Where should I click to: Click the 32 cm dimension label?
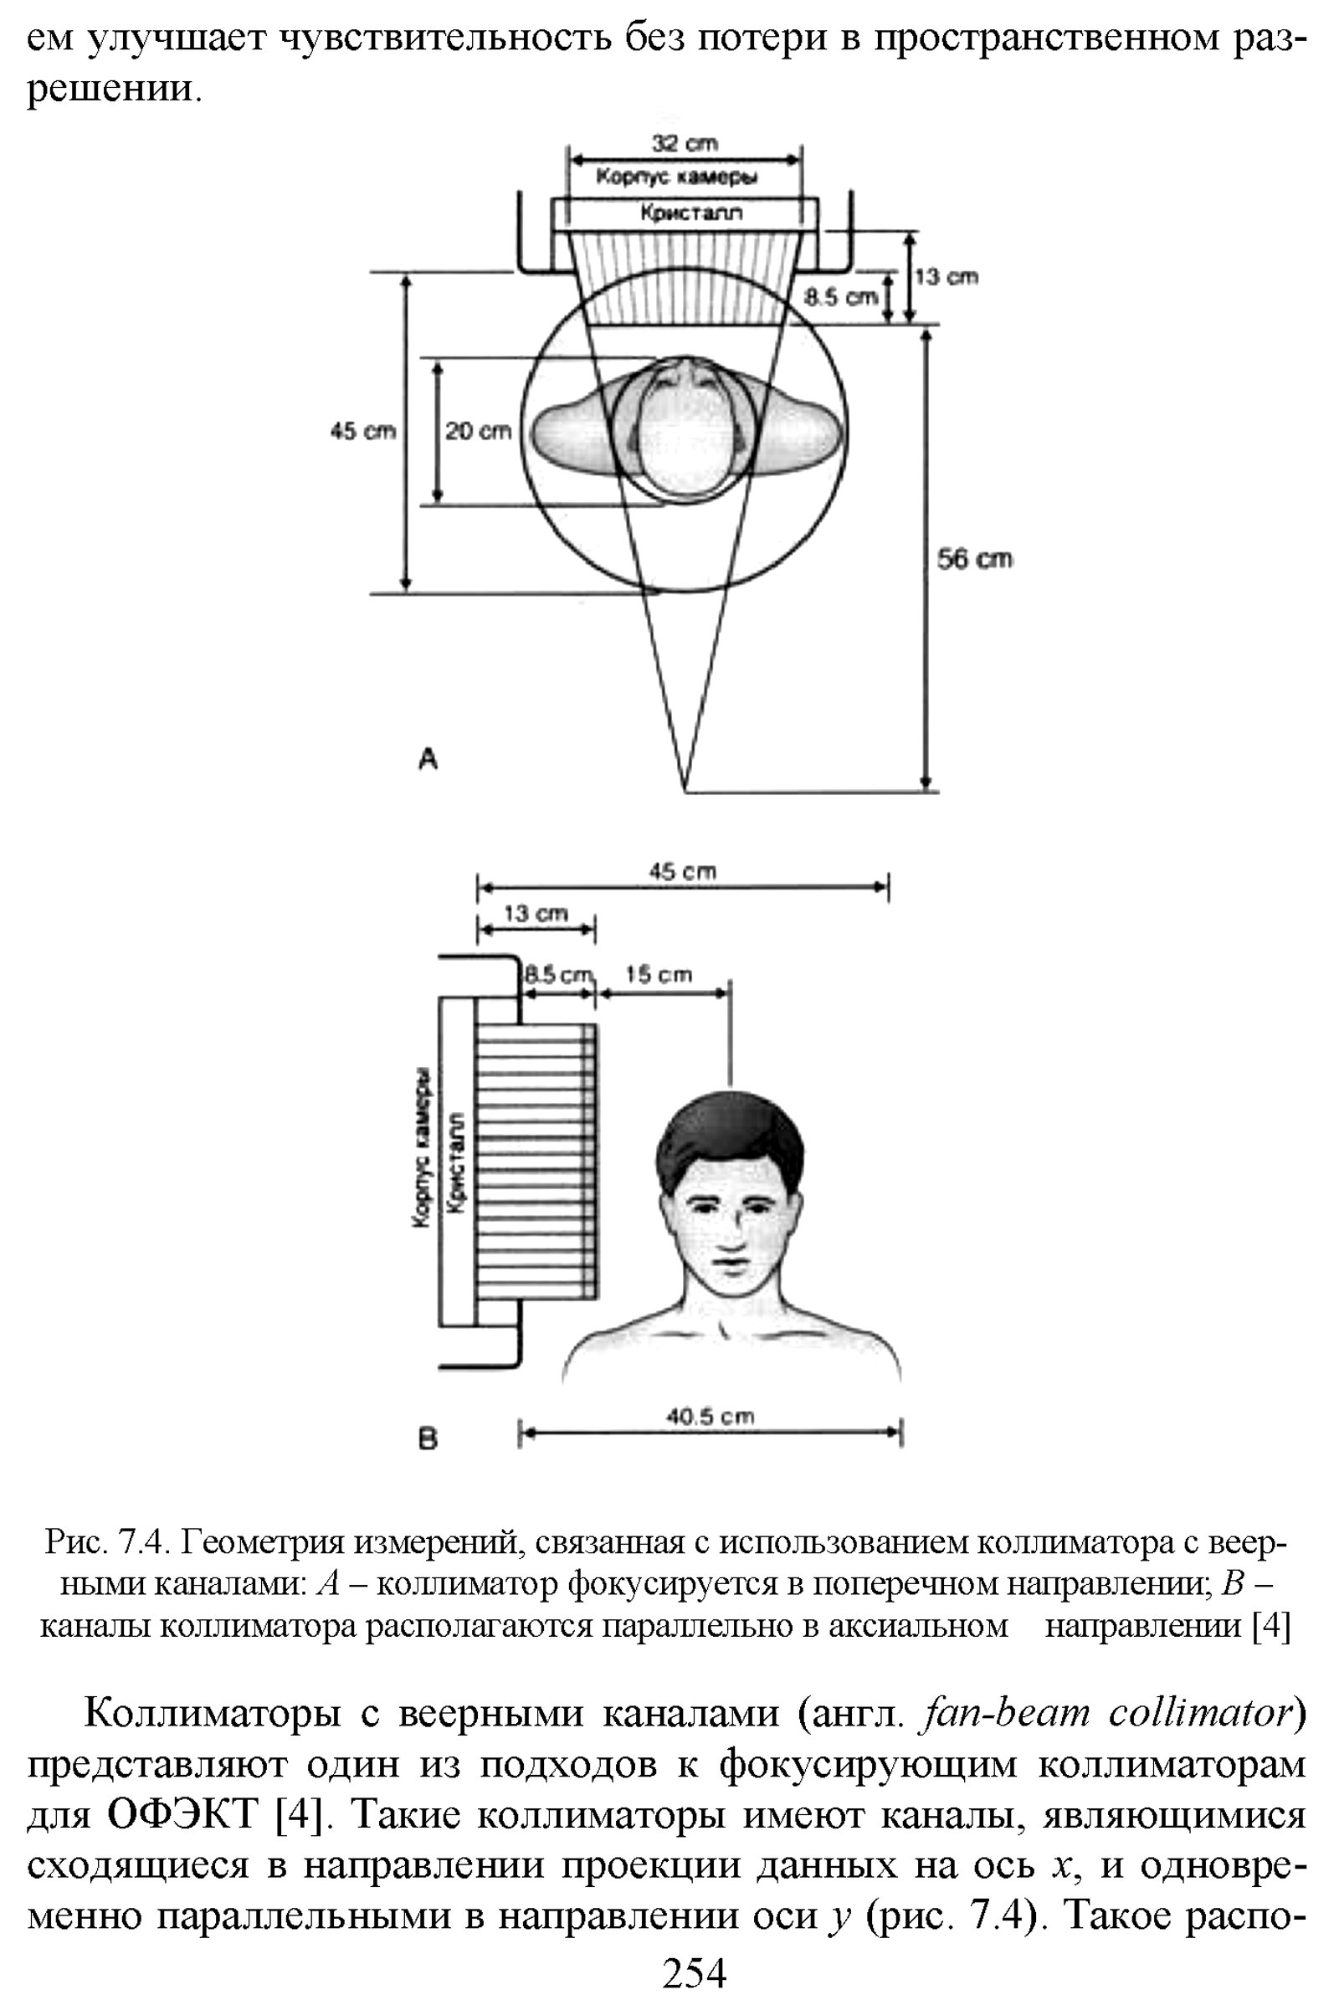tap(685, 142)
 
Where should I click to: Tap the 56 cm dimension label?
tap(974, 559)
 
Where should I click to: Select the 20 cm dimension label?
tap(478, 431)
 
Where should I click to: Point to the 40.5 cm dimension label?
tap(710, 1417)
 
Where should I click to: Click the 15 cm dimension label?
tap(659, 974)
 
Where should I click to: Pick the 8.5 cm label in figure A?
tap(840, 297)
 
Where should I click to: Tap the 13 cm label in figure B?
tap(536, 913)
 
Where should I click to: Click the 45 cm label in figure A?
tap(363, 431)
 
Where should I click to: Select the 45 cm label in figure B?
tap(682, 871)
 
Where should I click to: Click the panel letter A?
tap(428, 757)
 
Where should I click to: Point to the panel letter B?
tap(428, 1440)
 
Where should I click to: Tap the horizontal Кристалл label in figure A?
tap(692, 213)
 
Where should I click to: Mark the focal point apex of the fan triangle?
tap(685, 792)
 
